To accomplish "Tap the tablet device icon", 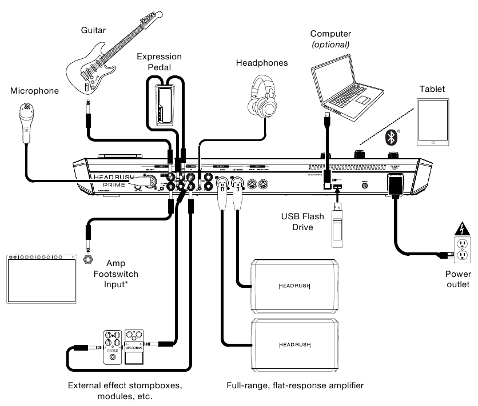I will (x=433, y=122).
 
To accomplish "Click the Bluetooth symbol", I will (x=392, y=136).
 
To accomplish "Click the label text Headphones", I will (x=262, y=63).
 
